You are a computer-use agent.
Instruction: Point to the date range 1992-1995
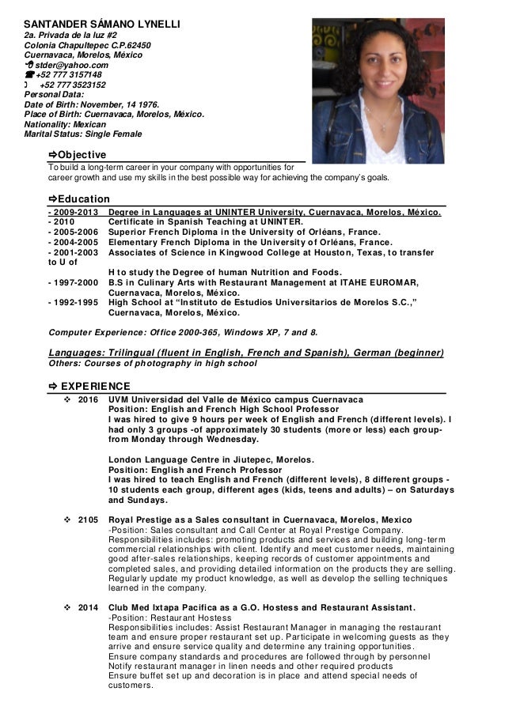coord(74,303)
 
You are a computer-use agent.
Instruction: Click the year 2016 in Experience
coord(88,400)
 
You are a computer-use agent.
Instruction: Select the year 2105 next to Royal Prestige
coord(88,520)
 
